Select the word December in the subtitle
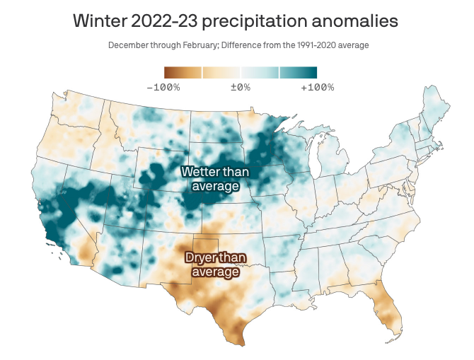(x=130, y=45)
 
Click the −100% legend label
(x=163, y=87)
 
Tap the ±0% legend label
(x=241, y=87)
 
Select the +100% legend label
(x=317, y=87)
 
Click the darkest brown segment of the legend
(x=174, y=72)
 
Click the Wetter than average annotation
(x=210, y=178)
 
